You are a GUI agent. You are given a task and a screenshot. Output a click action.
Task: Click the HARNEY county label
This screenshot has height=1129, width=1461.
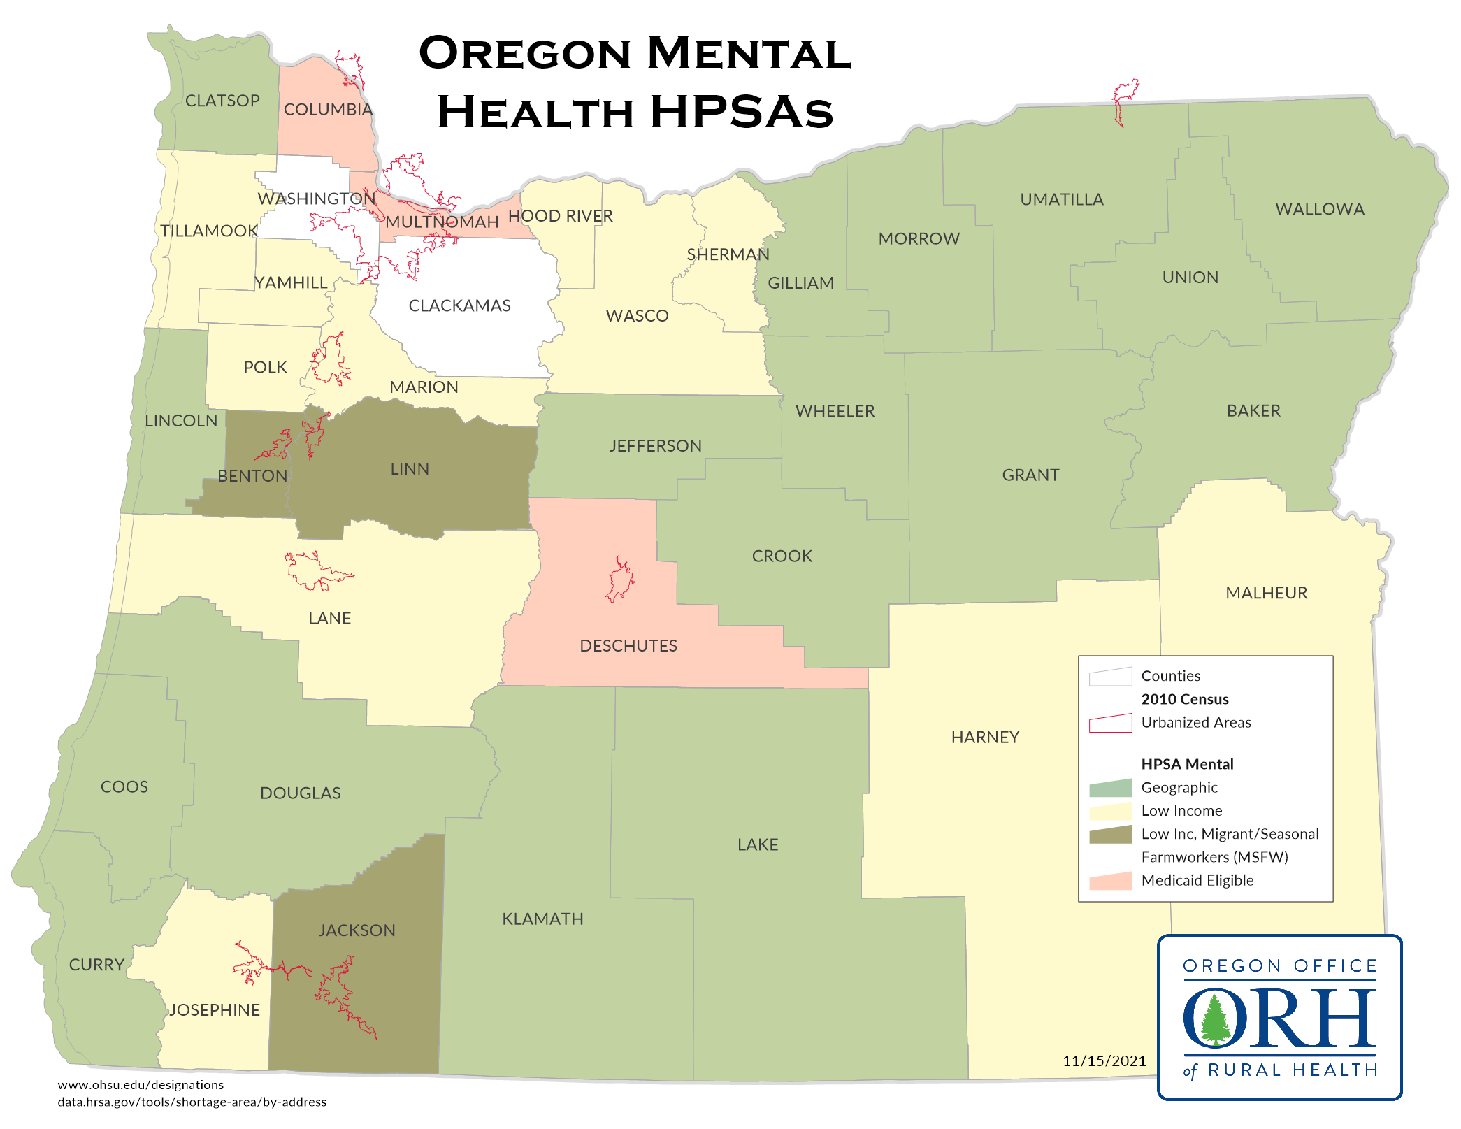tap(985, 737)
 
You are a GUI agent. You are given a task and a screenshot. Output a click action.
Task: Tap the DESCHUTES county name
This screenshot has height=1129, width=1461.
tap(628, 645)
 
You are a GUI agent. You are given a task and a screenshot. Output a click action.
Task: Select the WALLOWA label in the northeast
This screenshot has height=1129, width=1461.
tap(1319, 209)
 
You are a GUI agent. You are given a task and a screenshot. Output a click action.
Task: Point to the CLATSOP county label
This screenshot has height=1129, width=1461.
tap(222, 101)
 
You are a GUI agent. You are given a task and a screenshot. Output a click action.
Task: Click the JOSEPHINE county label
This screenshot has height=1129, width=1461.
tap(215, 1009)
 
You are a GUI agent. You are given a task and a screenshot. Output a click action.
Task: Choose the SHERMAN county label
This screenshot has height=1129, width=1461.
tap(728, 254)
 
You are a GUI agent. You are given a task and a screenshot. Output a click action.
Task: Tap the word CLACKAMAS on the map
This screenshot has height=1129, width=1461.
tap(459, 305)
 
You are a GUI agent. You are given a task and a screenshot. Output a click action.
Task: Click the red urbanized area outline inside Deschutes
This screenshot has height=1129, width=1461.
tap(619, 580)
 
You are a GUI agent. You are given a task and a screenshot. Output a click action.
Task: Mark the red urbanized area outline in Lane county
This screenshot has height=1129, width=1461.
tap(315, 570)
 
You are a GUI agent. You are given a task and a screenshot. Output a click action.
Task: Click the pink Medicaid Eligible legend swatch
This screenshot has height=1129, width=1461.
tap(1110, 881)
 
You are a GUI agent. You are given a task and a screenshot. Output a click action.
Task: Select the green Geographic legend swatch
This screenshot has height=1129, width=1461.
tap(1110, 788)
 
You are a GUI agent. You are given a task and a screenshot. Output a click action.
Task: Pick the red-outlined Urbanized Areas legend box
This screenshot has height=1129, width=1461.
tap(1110, 723)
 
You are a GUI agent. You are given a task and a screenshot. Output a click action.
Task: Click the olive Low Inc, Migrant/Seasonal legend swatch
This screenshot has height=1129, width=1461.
tap(1110, 834)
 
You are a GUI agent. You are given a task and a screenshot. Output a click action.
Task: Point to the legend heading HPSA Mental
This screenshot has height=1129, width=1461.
tap(1187, 764)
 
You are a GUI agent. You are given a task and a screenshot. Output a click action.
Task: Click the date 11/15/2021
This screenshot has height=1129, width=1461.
tap(1104, 1060)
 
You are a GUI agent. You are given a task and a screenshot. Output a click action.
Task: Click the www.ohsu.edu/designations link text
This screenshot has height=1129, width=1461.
tap(141, 1085)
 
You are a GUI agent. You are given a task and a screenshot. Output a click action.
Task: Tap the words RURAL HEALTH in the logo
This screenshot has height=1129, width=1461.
tap(1293, 1070)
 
